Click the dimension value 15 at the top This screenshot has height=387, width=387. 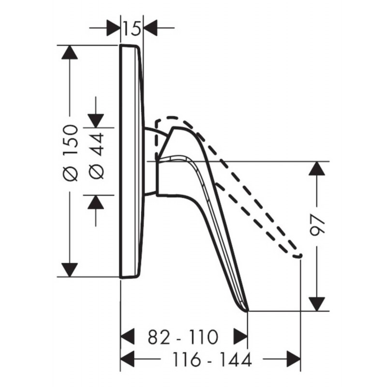point(132,28)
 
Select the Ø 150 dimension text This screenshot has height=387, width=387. point(70,153)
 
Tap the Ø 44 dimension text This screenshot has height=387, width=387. point(96,156)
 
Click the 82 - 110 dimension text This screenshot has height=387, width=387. point(183,337)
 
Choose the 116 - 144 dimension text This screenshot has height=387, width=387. point(212,359)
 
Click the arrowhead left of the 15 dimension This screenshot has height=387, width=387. point(114,28)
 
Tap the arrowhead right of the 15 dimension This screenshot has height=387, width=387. point(150,28)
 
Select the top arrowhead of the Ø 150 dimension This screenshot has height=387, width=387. point(70,52)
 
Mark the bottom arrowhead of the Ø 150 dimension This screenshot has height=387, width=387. point(70,270)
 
